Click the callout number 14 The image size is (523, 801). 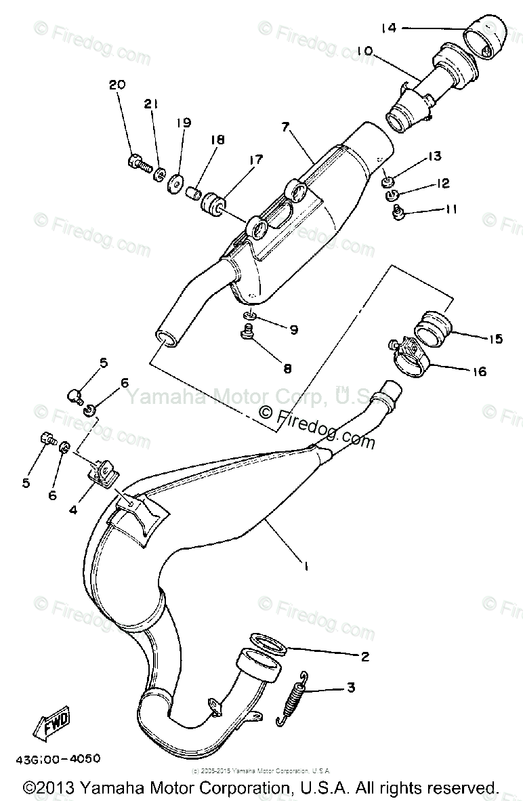click(x=388, y=28)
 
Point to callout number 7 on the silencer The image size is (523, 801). click(x=285, y=127)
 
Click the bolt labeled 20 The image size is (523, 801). click(x=137, y=163)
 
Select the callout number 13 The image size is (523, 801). click(x=434, y=157)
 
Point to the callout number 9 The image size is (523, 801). click(x=293, y=330)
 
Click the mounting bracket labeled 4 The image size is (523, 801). click(x=105, y=472)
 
